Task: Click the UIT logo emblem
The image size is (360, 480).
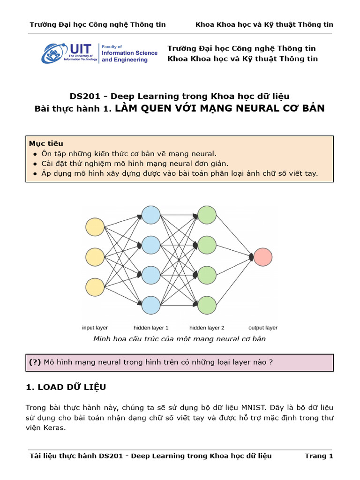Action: pyautogui.click(x=55, y=53)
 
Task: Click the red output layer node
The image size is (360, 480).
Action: pyautogui.click(x=263, y=257)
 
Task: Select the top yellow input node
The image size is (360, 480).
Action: pyautogui.click(x=95, y=227)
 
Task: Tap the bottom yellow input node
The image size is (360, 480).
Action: pyautogui.click(x=95, y=287)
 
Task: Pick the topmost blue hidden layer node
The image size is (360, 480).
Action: pyautogui.click(x=151, y=215)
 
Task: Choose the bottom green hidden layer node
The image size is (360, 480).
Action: pyautogui.click(x=207, y=305)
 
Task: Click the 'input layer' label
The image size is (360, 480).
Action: pyautogui.click(x=95, y=328)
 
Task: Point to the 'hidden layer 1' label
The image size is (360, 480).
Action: pyautogui.click(x=151, y=328)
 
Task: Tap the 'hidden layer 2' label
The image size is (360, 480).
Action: pyautogui.click(x=207, y=328)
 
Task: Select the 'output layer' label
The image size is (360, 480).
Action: pyautogui.click(x=263, y=328)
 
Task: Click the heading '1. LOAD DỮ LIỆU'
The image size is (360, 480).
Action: pyautogui.click(x=66, y=387)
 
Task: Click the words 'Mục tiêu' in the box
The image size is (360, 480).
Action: pyautogui.click(x=46, y=143)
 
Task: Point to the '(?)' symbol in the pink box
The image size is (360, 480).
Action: pyautogui.click(x=35, y=362)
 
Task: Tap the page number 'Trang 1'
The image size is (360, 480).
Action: pyautogui.click(x=319, y=456)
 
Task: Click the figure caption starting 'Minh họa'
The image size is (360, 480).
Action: pyautogui.click(x=180, y=338)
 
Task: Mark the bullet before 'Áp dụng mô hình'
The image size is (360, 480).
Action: pyautogui.click(x=36, y=173)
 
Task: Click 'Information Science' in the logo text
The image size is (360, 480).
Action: pyautogui.click(x=129, y=53)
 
